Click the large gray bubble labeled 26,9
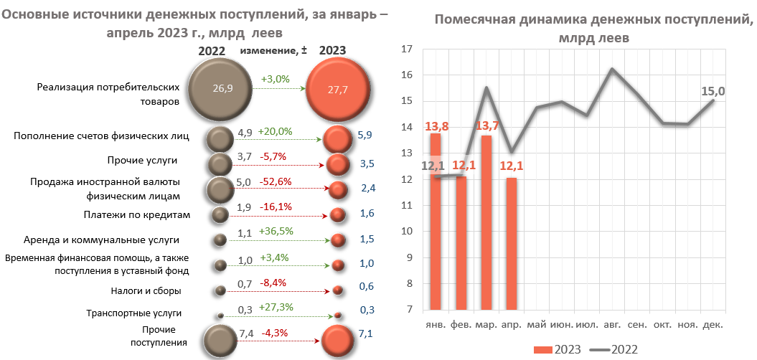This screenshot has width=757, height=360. click(x=223, y=89)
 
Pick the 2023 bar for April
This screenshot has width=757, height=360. click(x=511, y=244)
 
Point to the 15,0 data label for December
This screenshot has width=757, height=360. click(x=713, y=91)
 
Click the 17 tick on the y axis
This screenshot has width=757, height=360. click(x=407, y=49)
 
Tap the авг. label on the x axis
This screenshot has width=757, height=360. click(x=612, y=324)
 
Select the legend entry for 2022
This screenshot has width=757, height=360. click(x=614, y=349)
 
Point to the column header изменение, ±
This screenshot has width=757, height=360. click(x=273, y=50)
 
